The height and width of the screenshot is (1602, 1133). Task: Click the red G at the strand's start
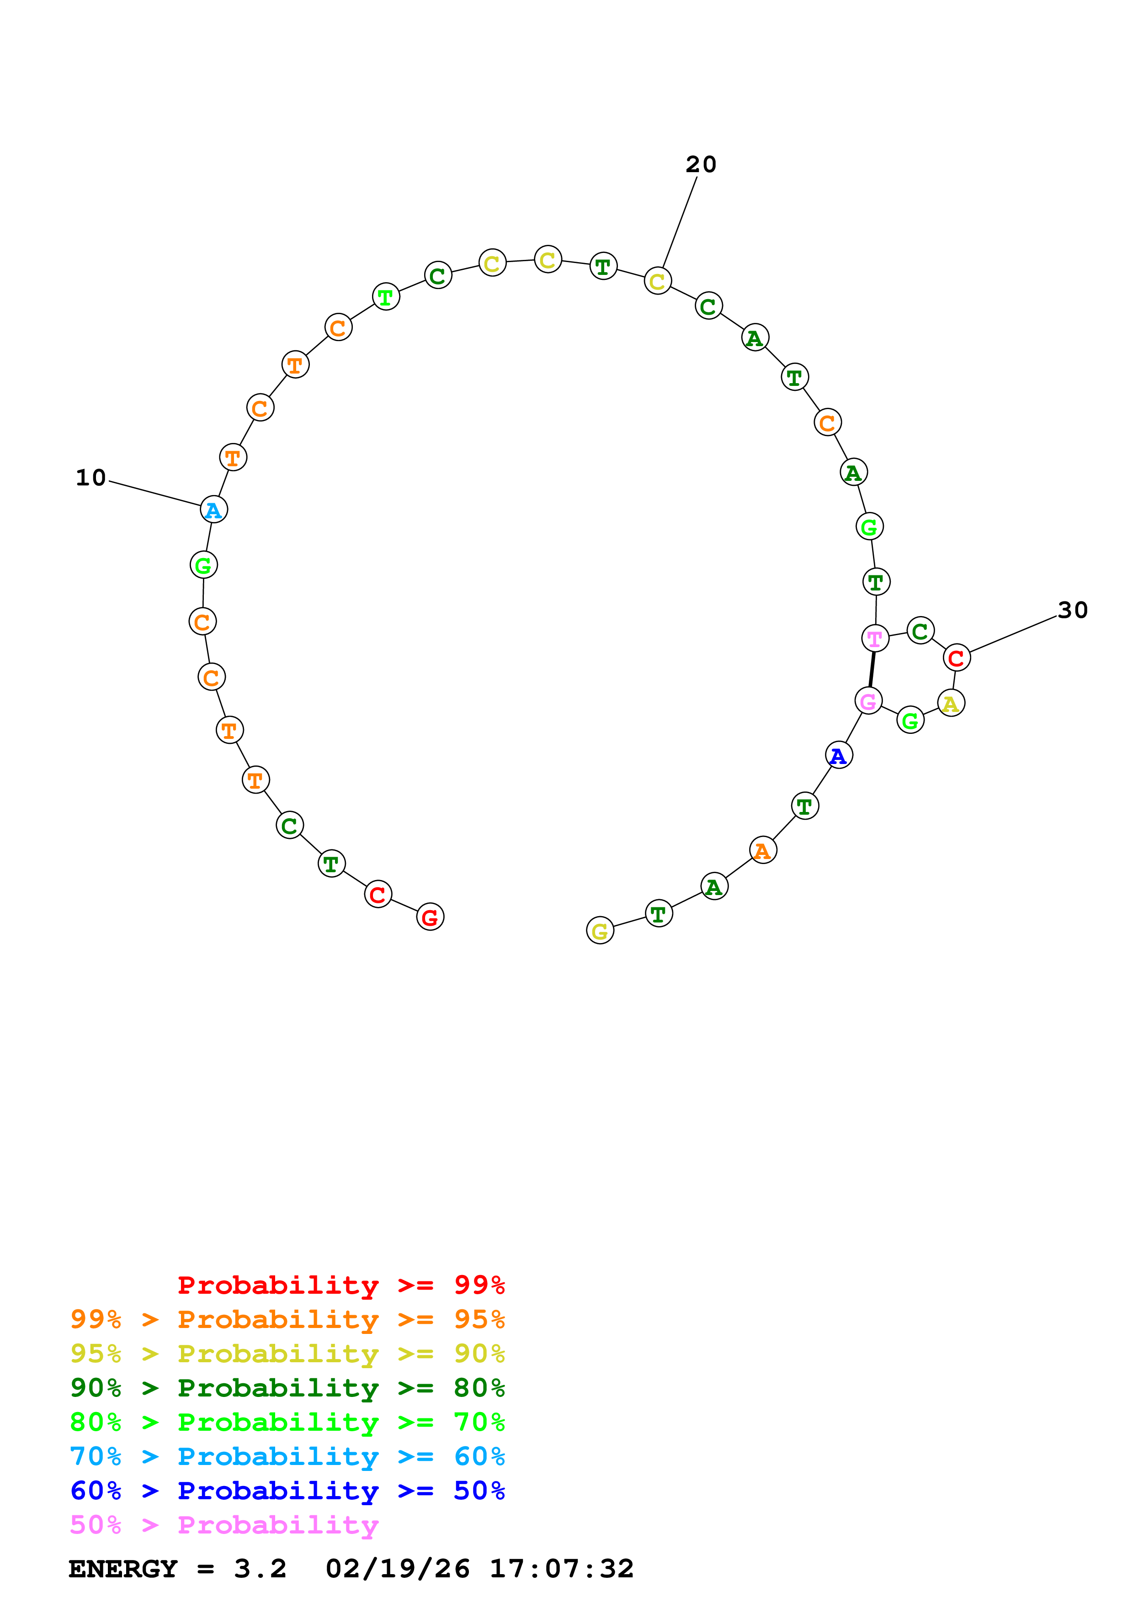click(430, 917)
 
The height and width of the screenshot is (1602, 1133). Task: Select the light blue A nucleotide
click(213, 509)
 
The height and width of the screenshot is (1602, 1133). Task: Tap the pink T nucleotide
click(875, 638)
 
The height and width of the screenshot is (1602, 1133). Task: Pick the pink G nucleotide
click(868, 701)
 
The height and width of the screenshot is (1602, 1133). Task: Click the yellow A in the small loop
click(951, 703)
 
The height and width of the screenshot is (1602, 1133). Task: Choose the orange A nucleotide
click(762, 850)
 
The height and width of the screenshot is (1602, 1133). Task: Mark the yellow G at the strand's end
click(600, 930)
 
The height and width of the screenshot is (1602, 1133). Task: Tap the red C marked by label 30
click(957, 657)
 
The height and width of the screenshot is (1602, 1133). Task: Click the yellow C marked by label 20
click(657, 281)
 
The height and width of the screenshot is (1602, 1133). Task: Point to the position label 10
click(91, 478)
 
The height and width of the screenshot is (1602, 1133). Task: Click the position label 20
click(701, 165)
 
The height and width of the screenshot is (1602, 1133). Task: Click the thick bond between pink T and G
click(871, 669)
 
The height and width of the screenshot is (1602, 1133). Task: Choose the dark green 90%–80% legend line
click(287, 1388)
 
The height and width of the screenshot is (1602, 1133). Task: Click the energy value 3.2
click(261, 1569)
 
